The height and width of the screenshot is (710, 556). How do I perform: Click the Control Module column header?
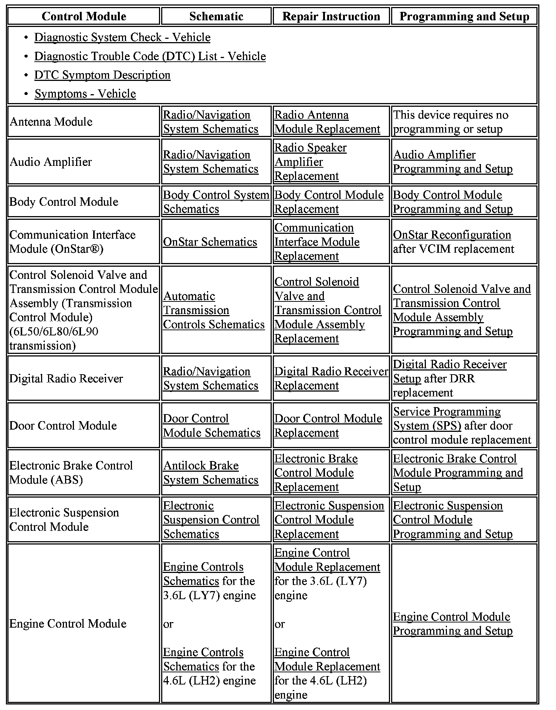84,16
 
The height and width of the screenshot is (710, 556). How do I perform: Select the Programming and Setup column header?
464,16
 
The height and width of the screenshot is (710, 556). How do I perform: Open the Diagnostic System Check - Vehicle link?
122,37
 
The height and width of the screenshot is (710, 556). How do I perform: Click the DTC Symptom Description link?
102,75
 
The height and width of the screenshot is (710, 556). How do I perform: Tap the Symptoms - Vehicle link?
85,94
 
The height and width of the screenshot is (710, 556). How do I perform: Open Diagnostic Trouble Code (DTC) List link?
150,56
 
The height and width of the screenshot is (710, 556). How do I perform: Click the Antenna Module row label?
51,122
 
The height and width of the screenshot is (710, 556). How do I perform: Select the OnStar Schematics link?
210,242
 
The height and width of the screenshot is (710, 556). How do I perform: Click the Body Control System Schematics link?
216,202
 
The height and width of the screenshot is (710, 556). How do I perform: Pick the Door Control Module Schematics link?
211,426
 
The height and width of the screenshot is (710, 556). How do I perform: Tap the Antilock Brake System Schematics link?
211,472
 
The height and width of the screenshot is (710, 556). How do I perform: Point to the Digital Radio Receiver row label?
66,379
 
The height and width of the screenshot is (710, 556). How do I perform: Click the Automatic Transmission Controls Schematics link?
214,310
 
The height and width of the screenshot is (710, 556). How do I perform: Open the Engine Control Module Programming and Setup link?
452,624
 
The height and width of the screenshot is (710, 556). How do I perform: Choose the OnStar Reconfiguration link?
452,235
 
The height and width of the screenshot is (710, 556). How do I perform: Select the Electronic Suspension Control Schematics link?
211,520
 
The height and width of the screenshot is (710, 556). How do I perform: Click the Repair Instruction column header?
331,16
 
